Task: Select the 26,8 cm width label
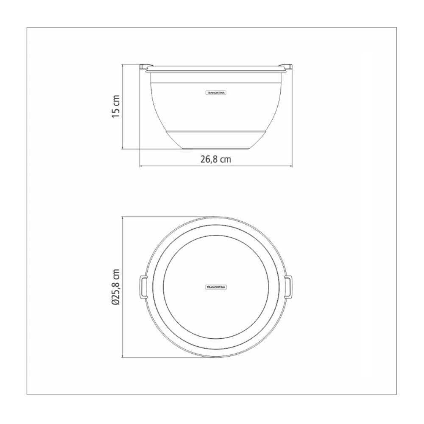(x=216, y=159)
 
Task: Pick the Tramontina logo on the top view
(x=216, y=287)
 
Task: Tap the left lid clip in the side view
(x=144, y=66)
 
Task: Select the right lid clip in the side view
(x=288, y=66)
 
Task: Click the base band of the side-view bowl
(x=216, y=138)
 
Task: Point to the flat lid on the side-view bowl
(x=216, y=68)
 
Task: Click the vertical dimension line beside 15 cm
(x=123, y=106)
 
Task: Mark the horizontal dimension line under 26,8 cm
(x=216, y=166)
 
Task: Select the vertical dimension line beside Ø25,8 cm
(x=123, y=287)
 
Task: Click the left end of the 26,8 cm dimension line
(x=140, y=166)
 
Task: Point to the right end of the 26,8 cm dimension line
(x=292, y=166)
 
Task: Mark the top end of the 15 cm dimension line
(x=123, y=64)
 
